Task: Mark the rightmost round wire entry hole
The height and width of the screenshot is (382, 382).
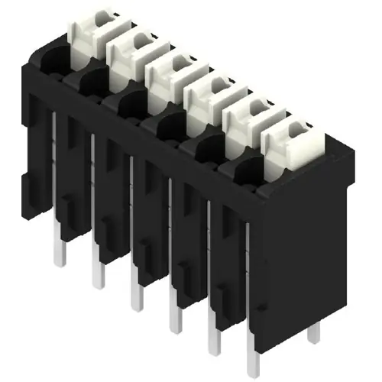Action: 246,170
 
